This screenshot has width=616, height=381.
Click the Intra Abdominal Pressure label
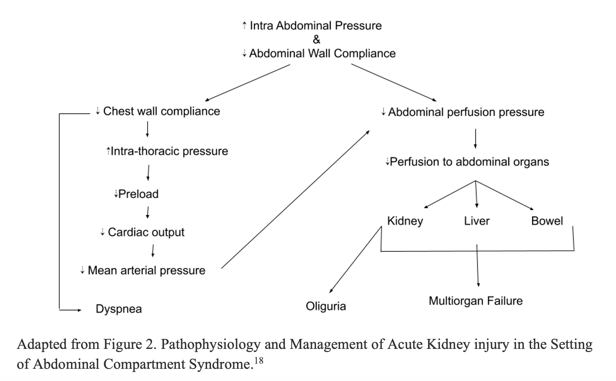pos(312,26)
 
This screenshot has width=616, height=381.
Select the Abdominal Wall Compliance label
pos(319,53)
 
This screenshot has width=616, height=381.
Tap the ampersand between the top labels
pos(317,40)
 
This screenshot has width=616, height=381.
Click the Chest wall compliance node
pos(158,111)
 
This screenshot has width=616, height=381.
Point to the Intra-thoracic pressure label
pos(167,151)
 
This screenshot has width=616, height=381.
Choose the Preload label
pos(136,194)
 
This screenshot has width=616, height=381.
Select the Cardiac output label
pos(143,232)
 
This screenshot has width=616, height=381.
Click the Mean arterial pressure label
pos(143,270)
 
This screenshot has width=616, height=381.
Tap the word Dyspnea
pos(119,309)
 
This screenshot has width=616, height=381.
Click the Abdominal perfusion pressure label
pos(463,112)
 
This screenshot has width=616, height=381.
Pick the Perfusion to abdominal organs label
pos(467,162)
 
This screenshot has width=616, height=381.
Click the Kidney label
pos(405,221)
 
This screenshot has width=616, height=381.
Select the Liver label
pos(477,221)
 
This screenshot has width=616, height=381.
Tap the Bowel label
pos(547,221)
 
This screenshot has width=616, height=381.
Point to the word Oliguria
pos(326,306)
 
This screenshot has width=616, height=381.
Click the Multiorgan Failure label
pos(476,301)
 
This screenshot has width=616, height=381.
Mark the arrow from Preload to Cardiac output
pos(147,212)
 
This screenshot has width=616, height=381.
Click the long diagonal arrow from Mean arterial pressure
pos(295,199)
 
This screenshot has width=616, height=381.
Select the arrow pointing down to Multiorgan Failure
pos(478,265)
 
